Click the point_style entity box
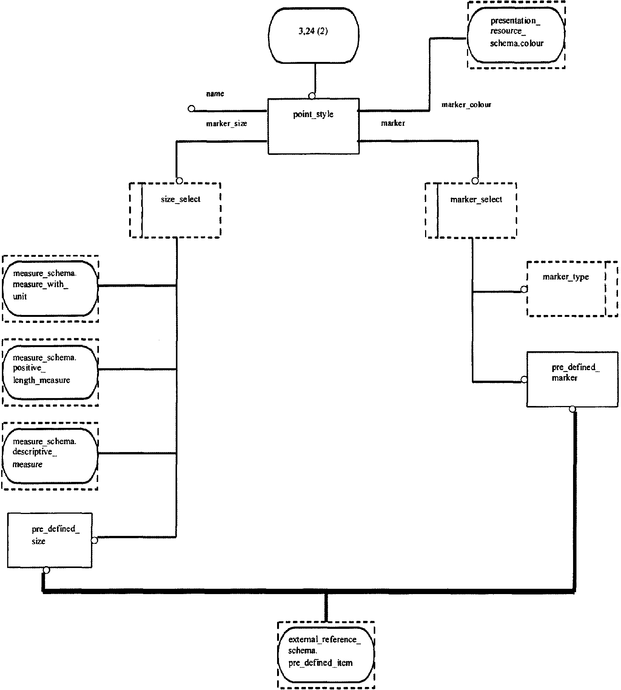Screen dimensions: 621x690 [x=313, y=126]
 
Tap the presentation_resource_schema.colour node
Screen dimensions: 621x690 [x=516, y=35]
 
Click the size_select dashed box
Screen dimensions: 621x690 [x=175, y=210]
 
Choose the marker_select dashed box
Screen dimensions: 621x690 [x=471, y=210]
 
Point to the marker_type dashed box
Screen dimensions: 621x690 [x=572, y=289]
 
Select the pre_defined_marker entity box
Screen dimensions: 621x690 [x=572, y=379]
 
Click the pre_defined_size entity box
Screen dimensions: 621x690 [x=49, y=540]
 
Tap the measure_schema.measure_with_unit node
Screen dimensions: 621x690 [x=50, y=289]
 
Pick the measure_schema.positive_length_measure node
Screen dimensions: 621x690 [x=50, y=372]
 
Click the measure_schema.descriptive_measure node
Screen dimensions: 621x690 [x=50, y=456]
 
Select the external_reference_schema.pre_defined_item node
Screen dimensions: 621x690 [x=326, y=655]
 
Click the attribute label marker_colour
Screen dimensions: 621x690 [x=466, y=105]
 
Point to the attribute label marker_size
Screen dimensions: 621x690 [x=227, y=123]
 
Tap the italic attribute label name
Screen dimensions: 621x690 [x=215, y=94]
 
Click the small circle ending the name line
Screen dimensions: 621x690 [x=191, y=109]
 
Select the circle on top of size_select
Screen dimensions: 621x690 [x=179, y=181]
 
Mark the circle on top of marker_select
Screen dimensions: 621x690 [x=475, y=181]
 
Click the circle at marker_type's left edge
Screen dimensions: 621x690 [x=524, y=289]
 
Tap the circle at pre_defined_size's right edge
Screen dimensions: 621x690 [x=94, y=540]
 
